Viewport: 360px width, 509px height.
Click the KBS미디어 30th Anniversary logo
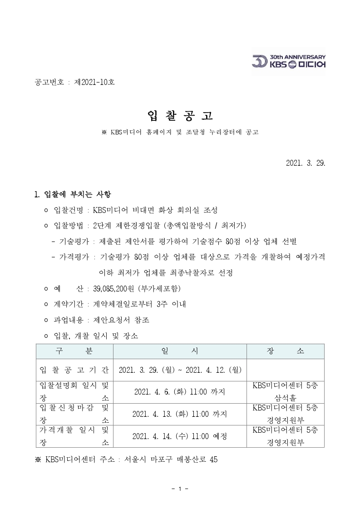tap(289, 62)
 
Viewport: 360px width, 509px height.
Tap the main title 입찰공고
tap(180, 116)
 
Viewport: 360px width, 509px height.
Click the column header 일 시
tap(179, 351)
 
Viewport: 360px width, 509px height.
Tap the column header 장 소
tap(285, 351)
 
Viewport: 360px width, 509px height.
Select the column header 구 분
tap(74, 351)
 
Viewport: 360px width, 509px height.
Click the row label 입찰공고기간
tap(74, 370)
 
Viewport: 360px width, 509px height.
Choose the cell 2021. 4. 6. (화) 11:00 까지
tap(179, 391)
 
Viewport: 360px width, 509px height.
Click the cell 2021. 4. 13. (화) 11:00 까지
tap(179, 414)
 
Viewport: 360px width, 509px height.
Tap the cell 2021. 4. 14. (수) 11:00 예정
tap(179, 436)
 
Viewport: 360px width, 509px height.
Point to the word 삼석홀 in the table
tap(285, 397)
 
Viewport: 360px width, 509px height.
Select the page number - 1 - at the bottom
tap(180, 489)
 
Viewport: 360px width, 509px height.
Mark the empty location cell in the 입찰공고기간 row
tap(285, 370)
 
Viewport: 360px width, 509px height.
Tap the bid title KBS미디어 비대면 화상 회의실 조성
tap(155, 210)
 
